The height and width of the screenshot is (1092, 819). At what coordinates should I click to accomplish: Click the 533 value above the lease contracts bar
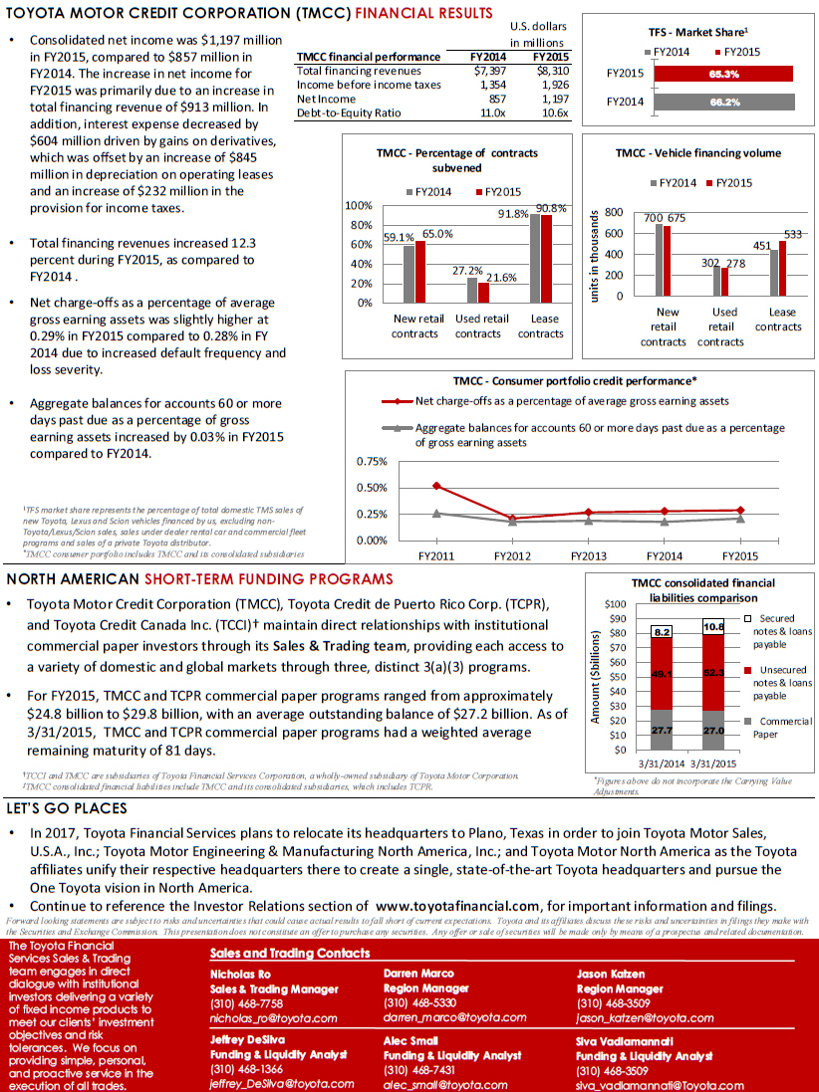792,233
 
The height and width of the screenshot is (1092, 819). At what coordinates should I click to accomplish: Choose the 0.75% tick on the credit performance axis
372,462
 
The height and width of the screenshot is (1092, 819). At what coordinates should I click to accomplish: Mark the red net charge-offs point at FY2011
436,486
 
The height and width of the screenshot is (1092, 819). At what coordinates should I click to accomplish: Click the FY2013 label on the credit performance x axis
588,555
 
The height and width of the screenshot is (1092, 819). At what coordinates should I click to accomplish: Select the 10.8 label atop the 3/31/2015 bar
713,627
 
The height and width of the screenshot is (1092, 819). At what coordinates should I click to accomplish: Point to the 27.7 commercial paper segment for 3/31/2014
663,731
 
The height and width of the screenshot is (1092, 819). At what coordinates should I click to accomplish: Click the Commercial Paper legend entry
782,728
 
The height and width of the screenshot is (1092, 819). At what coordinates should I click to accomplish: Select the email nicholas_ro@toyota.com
260,1018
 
